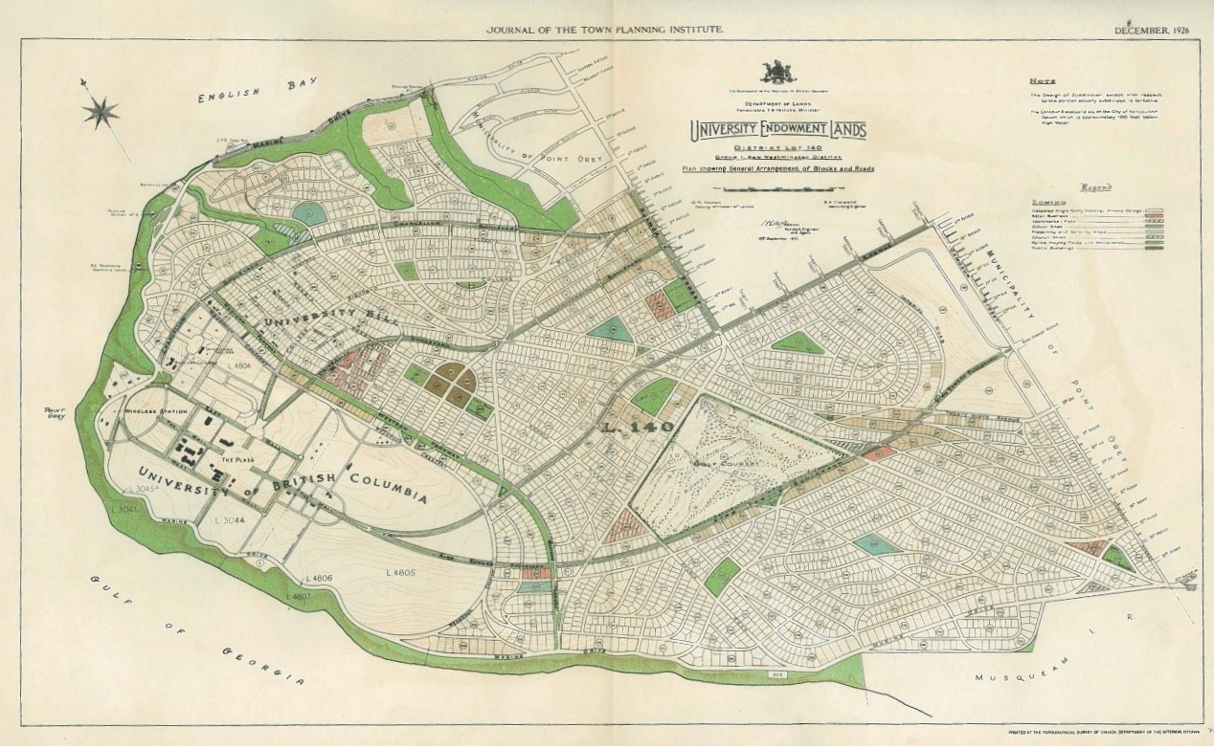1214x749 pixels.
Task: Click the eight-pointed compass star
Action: (x=100, y=113)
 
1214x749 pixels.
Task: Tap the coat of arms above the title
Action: (x=777, y=73)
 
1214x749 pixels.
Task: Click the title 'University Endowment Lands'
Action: (x=776, y=131)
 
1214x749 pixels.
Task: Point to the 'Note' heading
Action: (x=1043, y=82)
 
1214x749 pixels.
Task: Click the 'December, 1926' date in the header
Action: (x=1152, y=31)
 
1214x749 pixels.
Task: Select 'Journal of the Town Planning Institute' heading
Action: (x=605, y=31)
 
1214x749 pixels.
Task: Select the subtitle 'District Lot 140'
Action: (x=776, y=147)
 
